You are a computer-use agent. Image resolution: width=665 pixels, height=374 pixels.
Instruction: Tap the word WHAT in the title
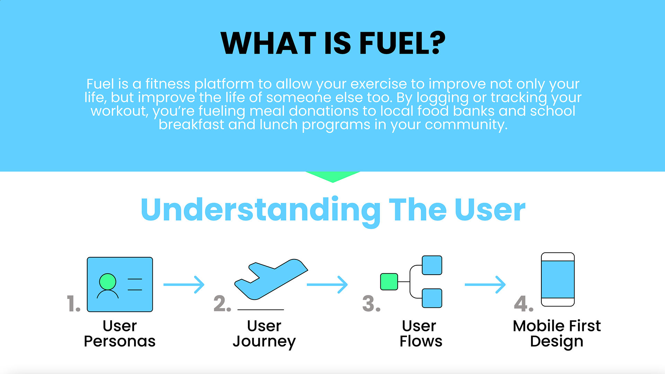click(x=268, y=43)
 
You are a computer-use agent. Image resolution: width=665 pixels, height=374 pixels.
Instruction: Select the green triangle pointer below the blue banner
click(x=332, y=176)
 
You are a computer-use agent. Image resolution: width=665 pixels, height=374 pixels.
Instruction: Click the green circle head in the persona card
click(x=107, y=281)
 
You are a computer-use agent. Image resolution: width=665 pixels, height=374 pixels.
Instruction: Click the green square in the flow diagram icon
click(x=389, y=282)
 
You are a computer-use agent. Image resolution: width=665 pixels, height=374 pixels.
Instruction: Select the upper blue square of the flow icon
click(x=432, y=265)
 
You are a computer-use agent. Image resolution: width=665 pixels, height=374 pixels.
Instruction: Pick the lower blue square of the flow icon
click(x=432, y=298)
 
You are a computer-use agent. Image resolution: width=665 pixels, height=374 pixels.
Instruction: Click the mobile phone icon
click(x=558, y=279)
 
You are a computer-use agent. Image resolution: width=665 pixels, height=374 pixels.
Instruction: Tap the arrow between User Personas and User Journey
click(x=184, y=285)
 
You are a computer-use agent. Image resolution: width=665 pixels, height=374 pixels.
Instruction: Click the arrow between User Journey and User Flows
click(x=327, y=285)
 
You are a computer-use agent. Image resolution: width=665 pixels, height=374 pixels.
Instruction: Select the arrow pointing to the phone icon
click(x=485, y=285)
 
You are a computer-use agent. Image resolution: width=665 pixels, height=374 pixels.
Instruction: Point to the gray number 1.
click(x=73, y=304)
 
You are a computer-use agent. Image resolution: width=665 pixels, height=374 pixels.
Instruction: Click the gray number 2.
click(x=222, y=304)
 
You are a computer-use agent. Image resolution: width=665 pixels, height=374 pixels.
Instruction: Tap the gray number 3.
click(x=371, y=304)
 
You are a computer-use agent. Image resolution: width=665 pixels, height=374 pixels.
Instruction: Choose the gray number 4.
click(x=523, y=304)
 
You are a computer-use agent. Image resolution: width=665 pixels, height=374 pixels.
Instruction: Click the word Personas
click(x=119, y=341)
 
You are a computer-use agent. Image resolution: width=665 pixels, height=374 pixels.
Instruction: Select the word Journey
click(x=264, y=341)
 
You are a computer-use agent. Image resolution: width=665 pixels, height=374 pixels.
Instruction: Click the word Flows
click(x=421, y=341)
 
